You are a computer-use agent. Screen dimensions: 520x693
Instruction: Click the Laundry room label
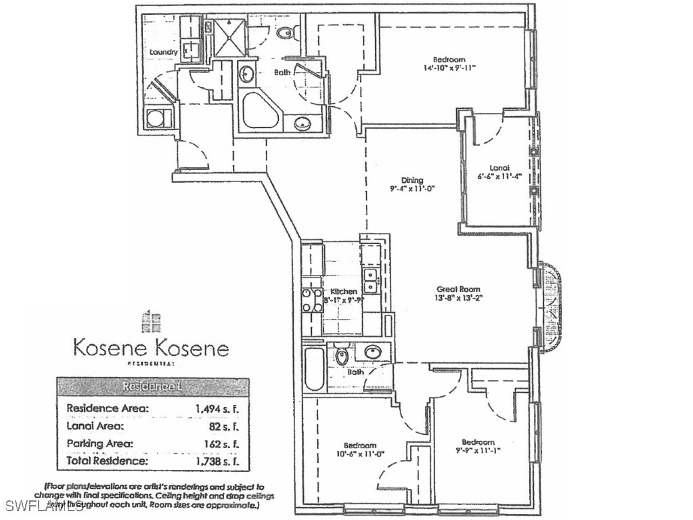(x=163, y=52)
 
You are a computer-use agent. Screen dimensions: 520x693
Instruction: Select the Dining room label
(x=412, y=180)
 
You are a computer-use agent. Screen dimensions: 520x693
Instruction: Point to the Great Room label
(x=458, y=288)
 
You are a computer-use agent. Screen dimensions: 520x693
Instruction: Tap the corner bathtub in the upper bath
(x=261, y=111)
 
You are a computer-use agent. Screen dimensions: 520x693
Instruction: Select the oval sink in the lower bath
(x=371, y=352)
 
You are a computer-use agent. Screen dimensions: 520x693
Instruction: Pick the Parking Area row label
(x=99, y=443)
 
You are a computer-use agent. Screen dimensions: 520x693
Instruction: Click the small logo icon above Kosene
(x=150, y=320)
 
